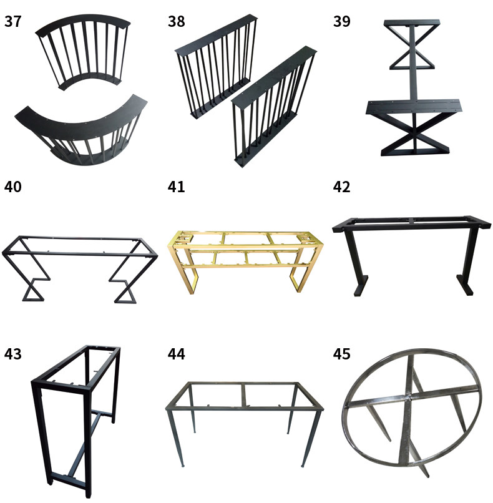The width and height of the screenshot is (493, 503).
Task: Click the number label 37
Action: (x=13, y=21)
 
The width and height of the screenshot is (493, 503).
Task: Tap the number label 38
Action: (x=177, y=21)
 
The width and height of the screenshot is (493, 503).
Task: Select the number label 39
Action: (x=341, y=21)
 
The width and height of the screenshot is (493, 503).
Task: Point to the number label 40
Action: (x=13, y=187)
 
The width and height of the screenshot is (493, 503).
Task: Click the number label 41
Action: (x=177, y=187)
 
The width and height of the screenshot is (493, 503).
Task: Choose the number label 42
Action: (x=341, y=187)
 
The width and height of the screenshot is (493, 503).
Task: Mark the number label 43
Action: (x=13, y=354)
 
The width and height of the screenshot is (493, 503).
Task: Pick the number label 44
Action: (x=177, y=354)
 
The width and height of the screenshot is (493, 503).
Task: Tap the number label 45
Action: (x=341, y=354)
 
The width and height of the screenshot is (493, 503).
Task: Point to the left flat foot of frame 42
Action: (x=360, y=286)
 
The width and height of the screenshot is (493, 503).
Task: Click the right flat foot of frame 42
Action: (x=465, y=285)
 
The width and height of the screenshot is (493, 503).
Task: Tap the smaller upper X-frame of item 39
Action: (x=412, y=45)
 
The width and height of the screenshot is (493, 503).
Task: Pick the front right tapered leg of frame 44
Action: (x=310, y=437)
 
